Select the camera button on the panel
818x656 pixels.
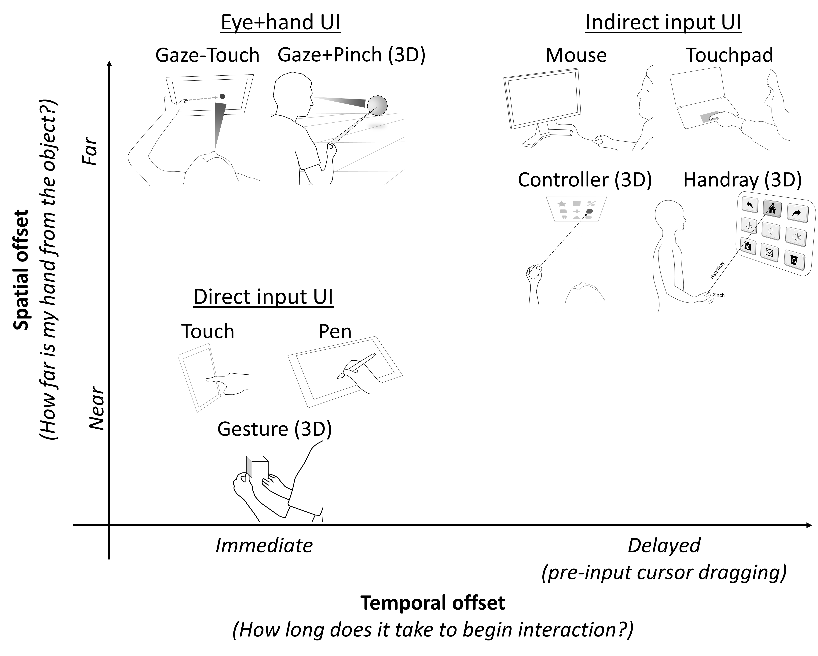pos(747,246)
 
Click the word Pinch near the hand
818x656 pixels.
pos(718,295)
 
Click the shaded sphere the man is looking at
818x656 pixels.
pos(377,105)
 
